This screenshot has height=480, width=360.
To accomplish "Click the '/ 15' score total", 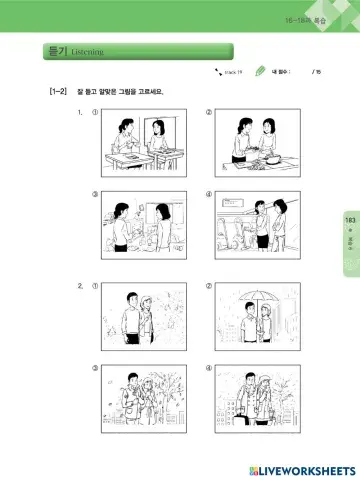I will tap(316, 72).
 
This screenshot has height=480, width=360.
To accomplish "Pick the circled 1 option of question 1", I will tap(95, 113).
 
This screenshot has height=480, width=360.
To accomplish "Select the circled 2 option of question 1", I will tap(208, 113).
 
